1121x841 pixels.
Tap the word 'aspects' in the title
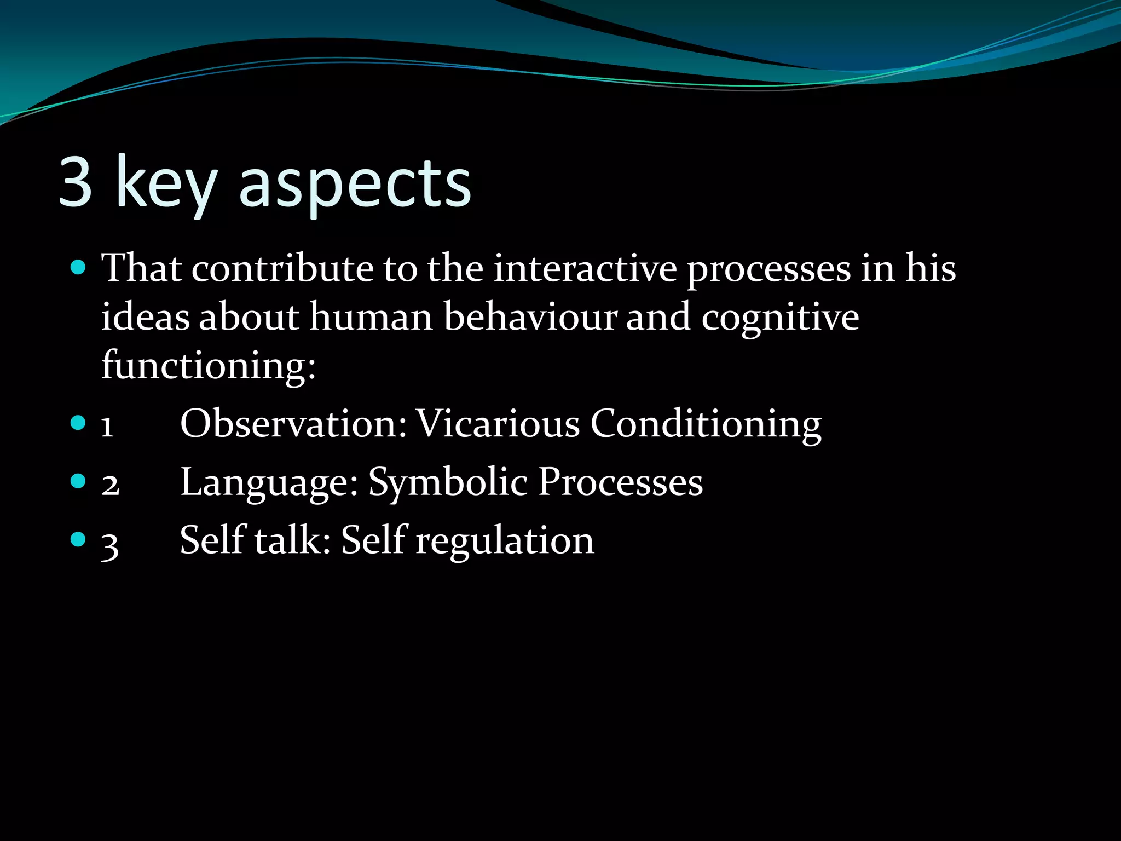coord(355,185)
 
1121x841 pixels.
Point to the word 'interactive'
coord(585,269)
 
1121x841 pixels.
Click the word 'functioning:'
coord(209,366)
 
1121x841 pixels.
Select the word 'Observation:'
coord(293,423)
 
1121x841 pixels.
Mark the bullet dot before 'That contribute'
coord(79,268)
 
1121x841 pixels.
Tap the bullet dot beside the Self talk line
coord(79,540)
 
